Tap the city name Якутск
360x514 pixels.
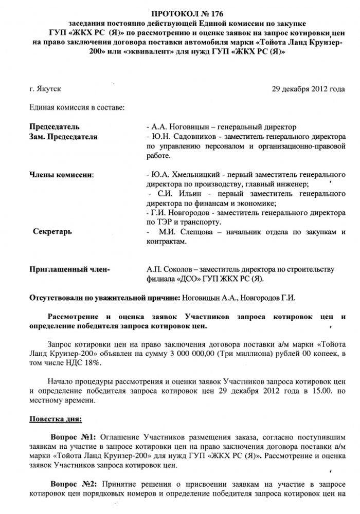point(49,89)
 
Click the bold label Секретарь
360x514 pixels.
point(52,232)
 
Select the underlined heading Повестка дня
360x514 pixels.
point(55,419)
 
